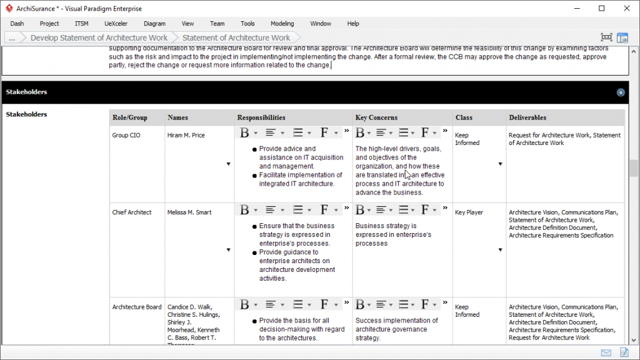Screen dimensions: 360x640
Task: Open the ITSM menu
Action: [81, 24]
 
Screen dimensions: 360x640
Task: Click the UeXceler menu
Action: [116, 24]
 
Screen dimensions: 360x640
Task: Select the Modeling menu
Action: [282, 24]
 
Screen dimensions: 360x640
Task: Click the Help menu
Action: [353, 24]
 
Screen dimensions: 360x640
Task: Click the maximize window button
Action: [601, 8]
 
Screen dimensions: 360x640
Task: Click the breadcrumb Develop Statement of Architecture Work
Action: [99, 37]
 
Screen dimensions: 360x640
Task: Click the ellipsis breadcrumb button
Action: [12, 37]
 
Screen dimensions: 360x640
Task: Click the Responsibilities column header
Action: [261, 117]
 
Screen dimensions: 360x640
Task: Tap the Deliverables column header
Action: [527, 117]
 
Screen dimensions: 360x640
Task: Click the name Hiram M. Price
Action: [186, 135]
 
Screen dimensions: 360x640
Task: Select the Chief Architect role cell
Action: [132, 212]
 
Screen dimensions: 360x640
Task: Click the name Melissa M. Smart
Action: [189, 212]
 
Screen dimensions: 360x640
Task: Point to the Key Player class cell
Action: [469, 212]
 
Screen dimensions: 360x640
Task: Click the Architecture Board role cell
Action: [137, 307]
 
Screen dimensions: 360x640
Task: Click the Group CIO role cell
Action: [126, 135]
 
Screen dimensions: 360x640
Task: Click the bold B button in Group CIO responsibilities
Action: [244, 132]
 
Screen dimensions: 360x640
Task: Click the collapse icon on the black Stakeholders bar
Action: [621, 92]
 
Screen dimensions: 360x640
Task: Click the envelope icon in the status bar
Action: [606, 353]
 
